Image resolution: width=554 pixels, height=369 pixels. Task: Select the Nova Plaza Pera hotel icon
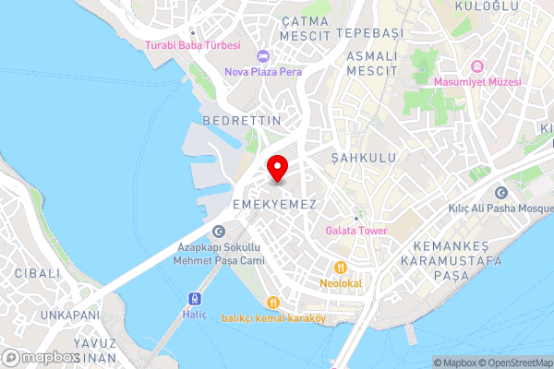point(263,55)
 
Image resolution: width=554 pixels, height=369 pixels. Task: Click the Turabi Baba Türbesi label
point(192,44)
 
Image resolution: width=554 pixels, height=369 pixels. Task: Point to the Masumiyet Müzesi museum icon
point(477,66)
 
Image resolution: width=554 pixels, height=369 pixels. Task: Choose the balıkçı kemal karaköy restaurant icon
point(273,303)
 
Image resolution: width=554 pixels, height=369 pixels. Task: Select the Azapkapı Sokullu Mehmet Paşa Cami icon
point(218,232)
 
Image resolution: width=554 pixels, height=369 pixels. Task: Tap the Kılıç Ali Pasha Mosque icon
point(501,193)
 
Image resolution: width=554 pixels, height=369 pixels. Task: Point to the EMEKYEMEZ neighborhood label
point(274,203)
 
